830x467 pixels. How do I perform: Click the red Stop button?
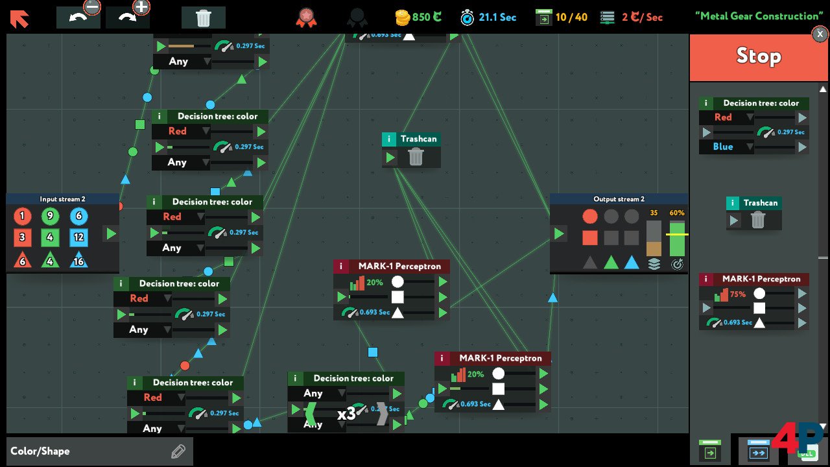(757, 57)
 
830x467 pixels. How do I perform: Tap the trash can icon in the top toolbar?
(204, 18)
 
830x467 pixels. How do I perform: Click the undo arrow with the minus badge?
(78, 18)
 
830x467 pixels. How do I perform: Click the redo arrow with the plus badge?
(128, 18)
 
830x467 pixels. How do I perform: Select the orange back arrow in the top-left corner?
(19, 18)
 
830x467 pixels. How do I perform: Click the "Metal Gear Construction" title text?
(758, 16)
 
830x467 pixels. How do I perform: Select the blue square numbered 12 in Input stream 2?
(78, 237)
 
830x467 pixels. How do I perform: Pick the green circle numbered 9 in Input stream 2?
(50, 217)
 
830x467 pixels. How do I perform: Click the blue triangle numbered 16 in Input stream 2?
(78, 259)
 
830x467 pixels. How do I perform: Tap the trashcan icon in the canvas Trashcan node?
(416, 157)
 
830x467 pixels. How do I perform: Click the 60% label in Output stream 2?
(677, 213)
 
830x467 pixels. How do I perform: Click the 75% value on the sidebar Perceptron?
(737, 294)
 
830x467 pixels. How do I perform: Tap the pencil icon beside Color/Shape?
(178, 451)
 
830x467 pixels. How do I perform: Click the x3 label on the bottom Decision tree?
(346, 414)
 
